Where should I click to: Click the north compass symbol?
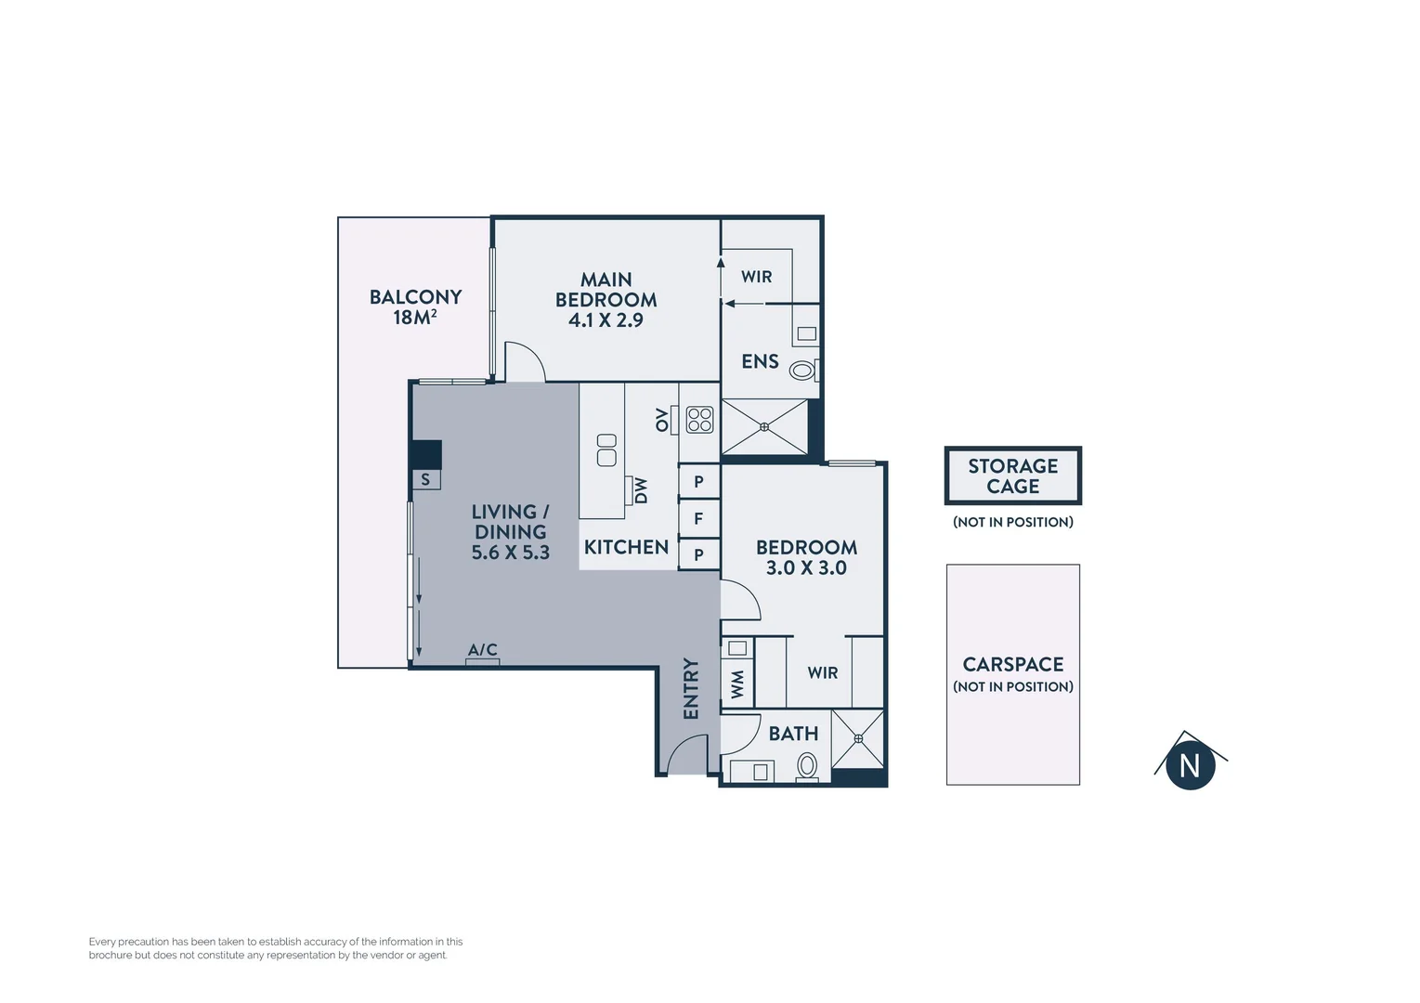1190,763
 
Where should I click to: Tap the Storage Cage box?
1012,475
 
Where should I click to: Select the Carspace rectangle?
1012,674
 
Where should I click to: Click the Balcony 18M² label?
415,306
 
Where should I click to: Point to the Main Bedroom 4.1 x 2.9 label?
606,299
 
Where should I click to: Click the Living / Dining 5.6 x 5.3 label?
510,531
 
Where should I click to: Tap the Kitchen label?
626,547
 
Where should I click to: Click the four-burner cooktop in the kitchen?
699,420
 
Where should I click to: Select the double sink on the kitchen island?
606,449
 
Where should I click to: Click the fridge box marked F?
698,518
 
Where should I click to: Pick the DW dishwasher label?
641,489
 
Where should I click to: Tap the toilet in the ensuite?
802,371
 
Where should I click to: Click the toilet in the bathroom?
807,766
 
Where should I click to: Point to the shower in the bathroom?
858,739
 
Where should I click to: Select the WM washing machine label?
737,684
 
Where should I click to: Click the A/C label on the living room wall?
482,650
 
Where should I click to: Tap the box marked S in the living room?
426,479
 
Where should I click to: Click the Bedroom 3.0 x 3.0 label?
806,557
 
